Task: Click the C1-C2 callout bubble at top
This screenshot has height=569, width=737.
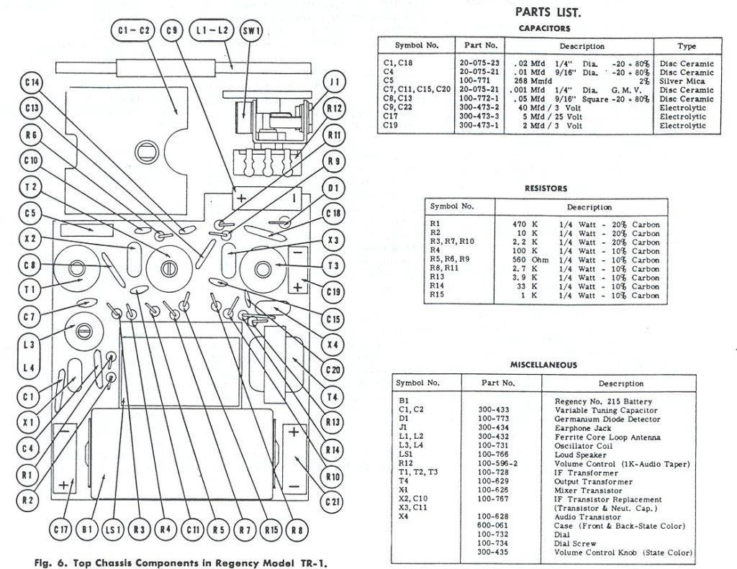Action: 135,30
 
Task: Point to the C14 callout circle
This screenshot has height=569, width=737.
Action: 32,83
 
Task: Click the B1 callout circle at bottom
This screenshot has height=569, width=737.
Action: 87,530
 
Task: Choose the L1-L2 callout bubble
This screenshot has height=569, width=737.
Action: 212,30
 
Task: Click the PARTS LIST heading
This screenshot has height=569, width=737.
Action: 548,12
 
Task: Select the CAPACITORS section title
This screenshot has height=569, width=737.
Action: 544,28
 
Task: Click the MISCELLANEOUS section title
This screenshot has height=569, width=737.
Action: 544,365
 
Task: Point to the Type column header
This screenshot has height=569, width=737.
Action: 687,46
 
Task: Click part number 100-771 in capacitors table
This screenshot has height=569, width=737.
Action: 476,81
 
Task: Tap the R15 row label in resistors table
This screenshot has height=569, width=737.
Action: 438,295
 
